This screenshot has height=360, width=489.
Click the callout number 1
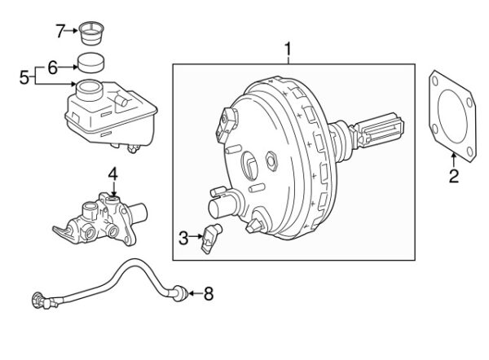tap(289, 50)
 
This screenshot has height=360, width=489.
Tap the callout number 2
tap(454, 176)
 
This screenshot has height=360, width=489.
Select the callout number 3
tap(183, 238)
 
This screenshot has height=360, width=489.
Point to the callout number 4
tap(113, 174)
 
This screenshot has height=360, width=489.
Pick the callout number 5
tap(24, 77)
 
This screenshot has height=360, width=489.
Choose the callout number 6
tap(53, 68)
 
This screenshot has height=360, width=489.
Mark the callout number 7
tap(60, 31)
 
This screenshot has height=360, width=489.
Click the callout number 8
tap(209, 293)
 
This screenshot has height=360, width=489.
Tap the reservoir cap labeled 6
tap(90, 63)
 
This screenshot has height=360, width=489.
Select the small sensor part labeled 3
tap(211, 238)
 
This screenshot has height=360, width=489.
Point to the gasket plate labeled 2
tap(452, 116)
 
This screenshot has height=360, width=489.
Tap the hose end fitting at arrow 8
tap(181, 293)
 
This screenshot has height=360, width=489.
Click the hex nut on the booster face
tap(271, 160)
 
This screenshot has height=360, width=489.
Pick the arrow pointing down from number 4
tap(113, 189)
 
